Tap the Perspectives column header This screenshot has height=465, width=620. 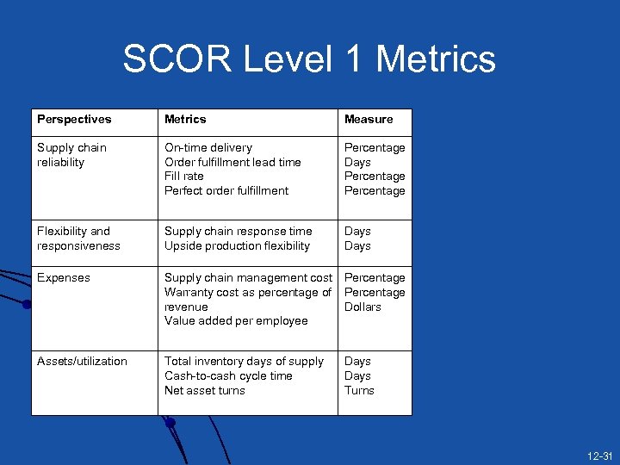click(74, 120)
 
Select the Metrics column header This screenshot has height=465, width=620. click(185, 120)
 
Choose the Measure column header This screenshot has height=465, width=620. click(369, 120)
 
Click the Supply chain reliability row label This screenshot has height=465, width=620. click(71, 155)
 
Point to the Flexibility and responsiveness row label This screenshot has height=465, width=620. click(78, 239)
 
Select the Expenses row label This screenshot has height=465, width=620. click(64, 278)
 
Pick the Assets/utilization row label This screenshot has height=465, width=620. click(82, 362)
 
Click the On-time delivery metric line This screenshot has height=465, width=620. click(208, 148)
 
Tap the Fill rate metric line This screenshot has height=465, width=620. click(183, 177)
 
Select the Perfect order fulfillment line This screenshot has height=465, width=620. click(226, 191)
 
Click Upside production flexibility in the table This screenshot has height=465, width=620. click(237, 246)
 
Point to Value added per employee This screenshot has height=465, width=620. click(236, 321)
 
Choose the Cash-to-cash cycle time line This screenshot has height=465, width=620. click(228, 376)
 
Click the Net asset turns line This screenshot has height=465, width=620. click(205, 391)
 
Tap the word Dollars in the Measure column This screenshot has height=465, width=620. click(363, 307)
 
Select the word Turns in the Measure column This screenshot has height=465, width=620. click(359, 391)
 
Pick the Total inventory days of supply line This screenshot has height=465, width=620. click(244, 362)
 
